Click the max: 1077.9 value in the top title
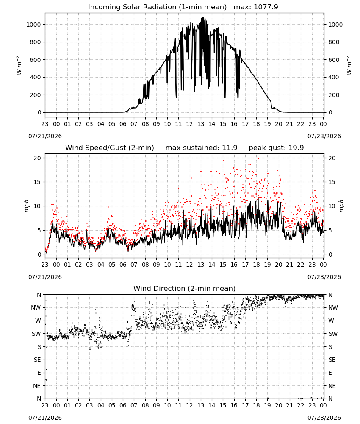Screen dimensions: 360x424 click(x=256, y=7)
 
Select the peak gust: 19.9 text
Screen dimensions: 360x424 click(x=276, y=148)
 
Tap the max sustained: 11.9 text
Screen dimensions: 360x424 click(x=202, y=148)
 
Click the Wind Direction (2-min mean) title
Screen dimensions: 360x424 click(x=185, y=288)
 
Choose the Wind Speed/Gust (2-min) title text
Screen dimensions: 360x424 click(x=110, y=148)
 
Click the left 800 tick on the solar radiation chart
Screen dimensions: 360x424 click(x=36, y=42)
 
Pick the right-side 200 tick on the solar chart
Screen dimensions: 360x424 click(x=334, y=95)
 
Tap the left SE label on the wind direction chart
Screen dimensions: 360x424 click(x=38, y=360)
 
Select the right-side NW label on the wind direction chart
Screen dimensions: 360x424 click(x=333, y=308)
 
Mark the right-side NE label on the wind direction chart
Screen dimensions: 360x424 click(x=332, y=386)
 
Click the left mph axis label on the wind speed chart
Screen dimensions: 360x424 click(x=26, y=206)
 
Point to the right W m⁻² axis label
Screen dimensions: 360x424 click(x=349, y=65)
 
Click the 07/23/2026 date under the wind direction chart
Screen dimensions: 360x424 click(x=324, y=418)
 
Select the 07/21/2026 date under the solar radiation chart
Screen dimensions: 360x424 click(x=45, y=136)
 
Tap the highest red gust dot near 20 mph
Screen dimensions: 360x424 click(x=258, y=159)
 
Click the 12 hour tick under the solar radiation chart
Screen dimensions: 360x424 click(x=190, y=124)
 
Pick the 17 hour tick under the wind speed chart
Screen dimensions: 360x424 click(x=245, y=265)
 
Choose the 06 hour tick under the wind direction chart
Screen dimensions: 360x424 click(x=123, y=405)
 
